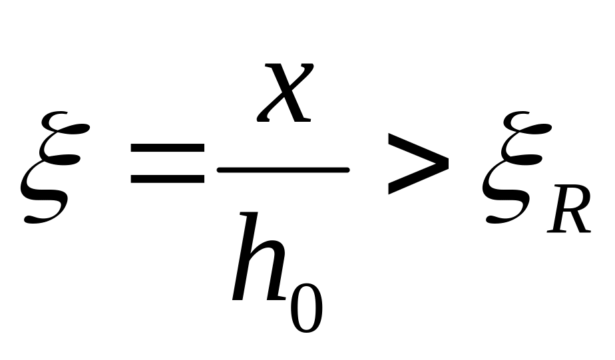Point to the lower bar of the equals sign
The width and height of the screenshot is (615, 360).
pos(168,180)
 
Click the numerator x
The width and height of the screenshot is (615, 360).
pos(284,93)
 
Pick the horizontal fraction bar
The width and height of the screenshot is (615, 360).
pos(283,170)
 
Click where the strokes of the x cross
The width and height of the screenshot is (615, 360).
pos(284,93)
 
